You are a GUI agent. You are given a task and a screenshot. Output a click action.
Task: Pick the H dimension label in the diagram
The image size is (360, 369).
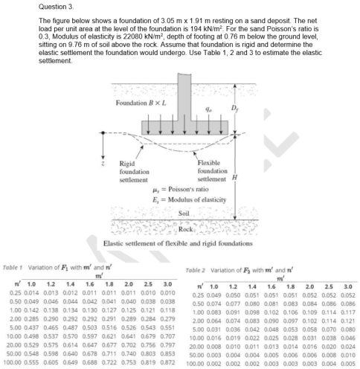237,179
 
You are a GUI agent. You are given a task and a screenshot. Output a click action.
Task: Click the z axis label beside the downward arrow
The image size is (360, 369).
111,159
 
